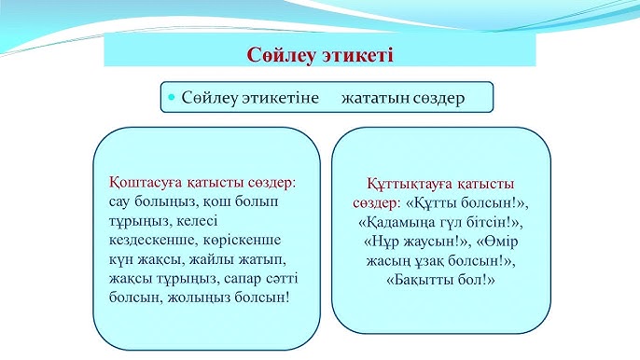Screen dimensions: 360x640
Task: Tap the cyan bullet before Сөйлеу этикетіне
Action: (x=171, y=97)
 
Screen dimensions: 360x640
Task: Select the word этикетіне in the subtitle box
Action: (x=282, y=97)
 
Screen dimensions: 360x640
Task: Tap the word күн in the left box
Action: (x=124, y=258)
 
